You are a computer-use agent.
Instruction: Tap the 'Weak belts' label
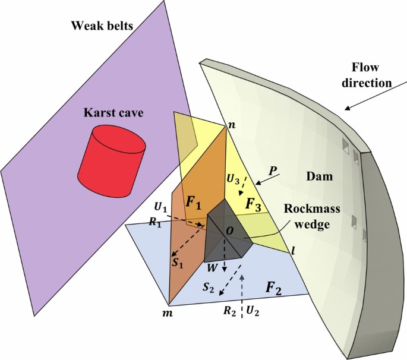point(102,26)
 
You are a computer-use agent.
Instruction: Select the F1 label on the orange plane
point(193,202)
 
